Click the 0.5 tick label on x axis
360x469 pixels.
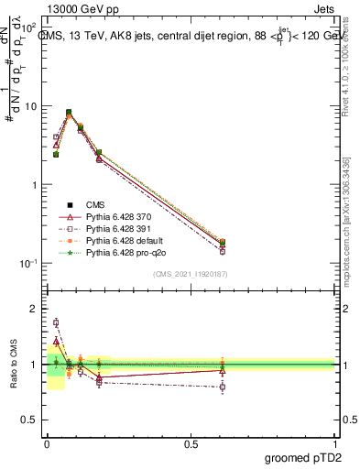point(191,442)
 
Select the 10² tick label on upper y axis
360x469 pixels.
point(27,28)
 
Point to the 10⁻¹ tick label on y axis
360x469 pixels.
point(27,263)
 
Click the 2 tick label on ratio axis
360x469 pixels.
point(35,309)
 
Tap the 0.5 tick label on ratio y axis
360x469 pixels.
point(29,421)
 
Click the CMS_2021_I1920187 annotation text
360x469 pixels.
point(191,273)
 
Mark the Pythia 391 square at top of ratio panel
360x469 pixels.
point(56,322)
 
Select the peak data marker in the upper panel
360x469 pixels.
point(69,113)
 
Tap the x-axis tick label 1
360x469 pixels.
point(334,442)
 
